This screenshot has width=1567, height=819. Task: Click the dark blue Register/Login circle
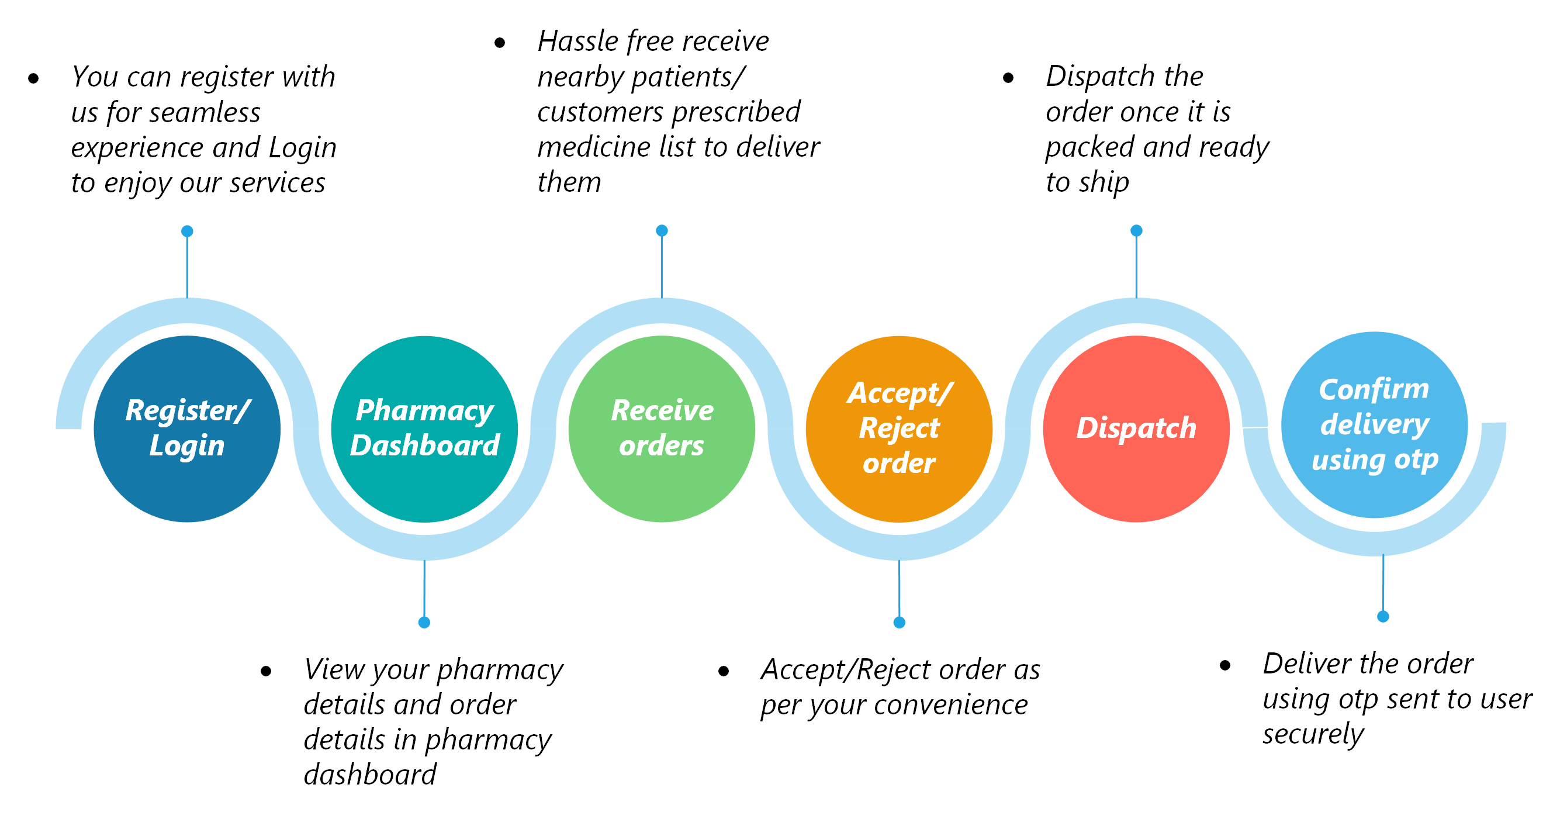pyautogui.click(x=188, y=429)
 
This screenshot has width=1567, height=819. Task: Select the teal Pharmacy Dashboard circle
pyautogui.click(x=424, y=429)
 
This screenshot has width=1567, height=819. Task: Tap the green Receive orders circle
pyautogui.click(x=662, y=429)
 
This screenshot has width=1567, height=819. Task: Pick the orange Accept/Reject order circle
pyautogui.click(x=899, y=429)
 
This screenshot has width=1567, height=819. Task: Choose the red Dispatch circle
pyautogui.click(x=1136, y=429)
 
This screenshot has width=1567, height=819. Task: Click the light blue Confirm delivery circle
pyautogui.click(x=1375, y=425)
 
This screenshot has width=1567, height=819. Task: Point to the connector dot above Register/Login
pyautogui.click(x=188, y=231)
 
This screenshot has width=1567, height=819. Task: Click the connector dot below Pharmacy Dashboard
pyautogui.click(x=424, y=623)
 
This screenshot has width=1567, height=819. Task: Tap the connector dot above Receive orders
pyautogui.click(x=662, y=230)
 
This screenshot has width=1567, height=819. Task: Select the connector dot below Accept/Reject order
pyautogui.click(x=899, y=623)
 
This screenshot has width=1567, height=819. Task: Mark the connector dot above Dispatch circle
pyautogui.click(x=1136, y=230)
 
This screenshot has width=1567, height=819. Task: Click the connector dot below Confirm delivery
pyautogui.click(x=1383, y=616)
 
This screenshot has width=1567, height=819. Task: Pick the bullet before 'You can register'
pyautogui.click(x=33, y=78)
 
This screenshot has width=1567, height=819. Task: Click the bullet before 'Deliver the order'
pyautogui.click(x=1225, y=665)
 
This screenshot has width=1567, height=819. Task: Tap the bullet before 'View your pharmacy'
pyautogui.click(x=266, y=671)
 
